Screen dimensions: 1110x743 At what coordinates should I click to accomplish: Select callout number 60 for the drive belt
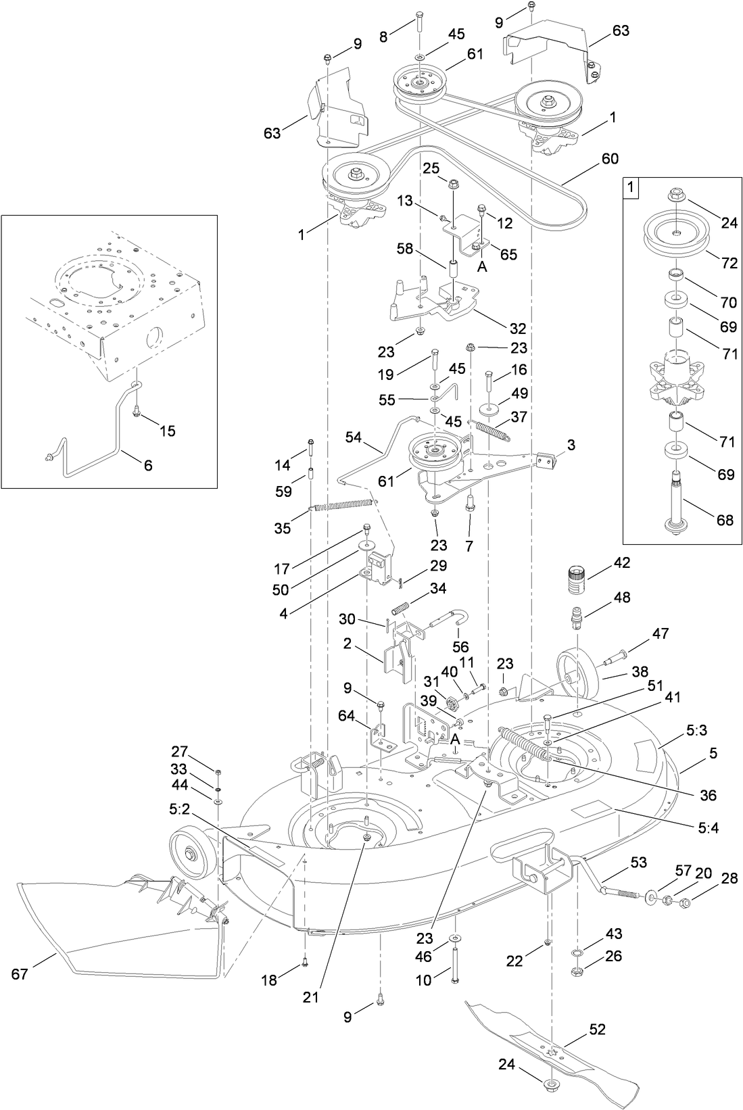pos(609,159)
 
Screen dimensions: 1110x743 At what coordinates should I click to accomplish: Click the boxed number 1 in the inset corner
pos(630,187)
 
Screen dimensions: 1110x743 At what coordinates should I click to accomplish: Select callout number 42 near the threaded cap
pos(621,562)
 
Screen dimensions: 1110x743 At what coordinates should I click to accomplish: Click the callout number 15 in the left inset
pos(167,431)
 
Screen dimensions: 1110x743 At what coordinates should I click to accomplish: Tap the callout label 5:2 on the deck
pos(180,808)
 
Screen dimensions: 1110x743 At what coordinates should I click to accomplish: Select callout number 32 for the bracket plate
pos(517,329)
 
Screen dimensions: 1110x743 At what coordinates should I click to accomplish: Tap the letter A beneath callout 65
pos(482,267)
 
